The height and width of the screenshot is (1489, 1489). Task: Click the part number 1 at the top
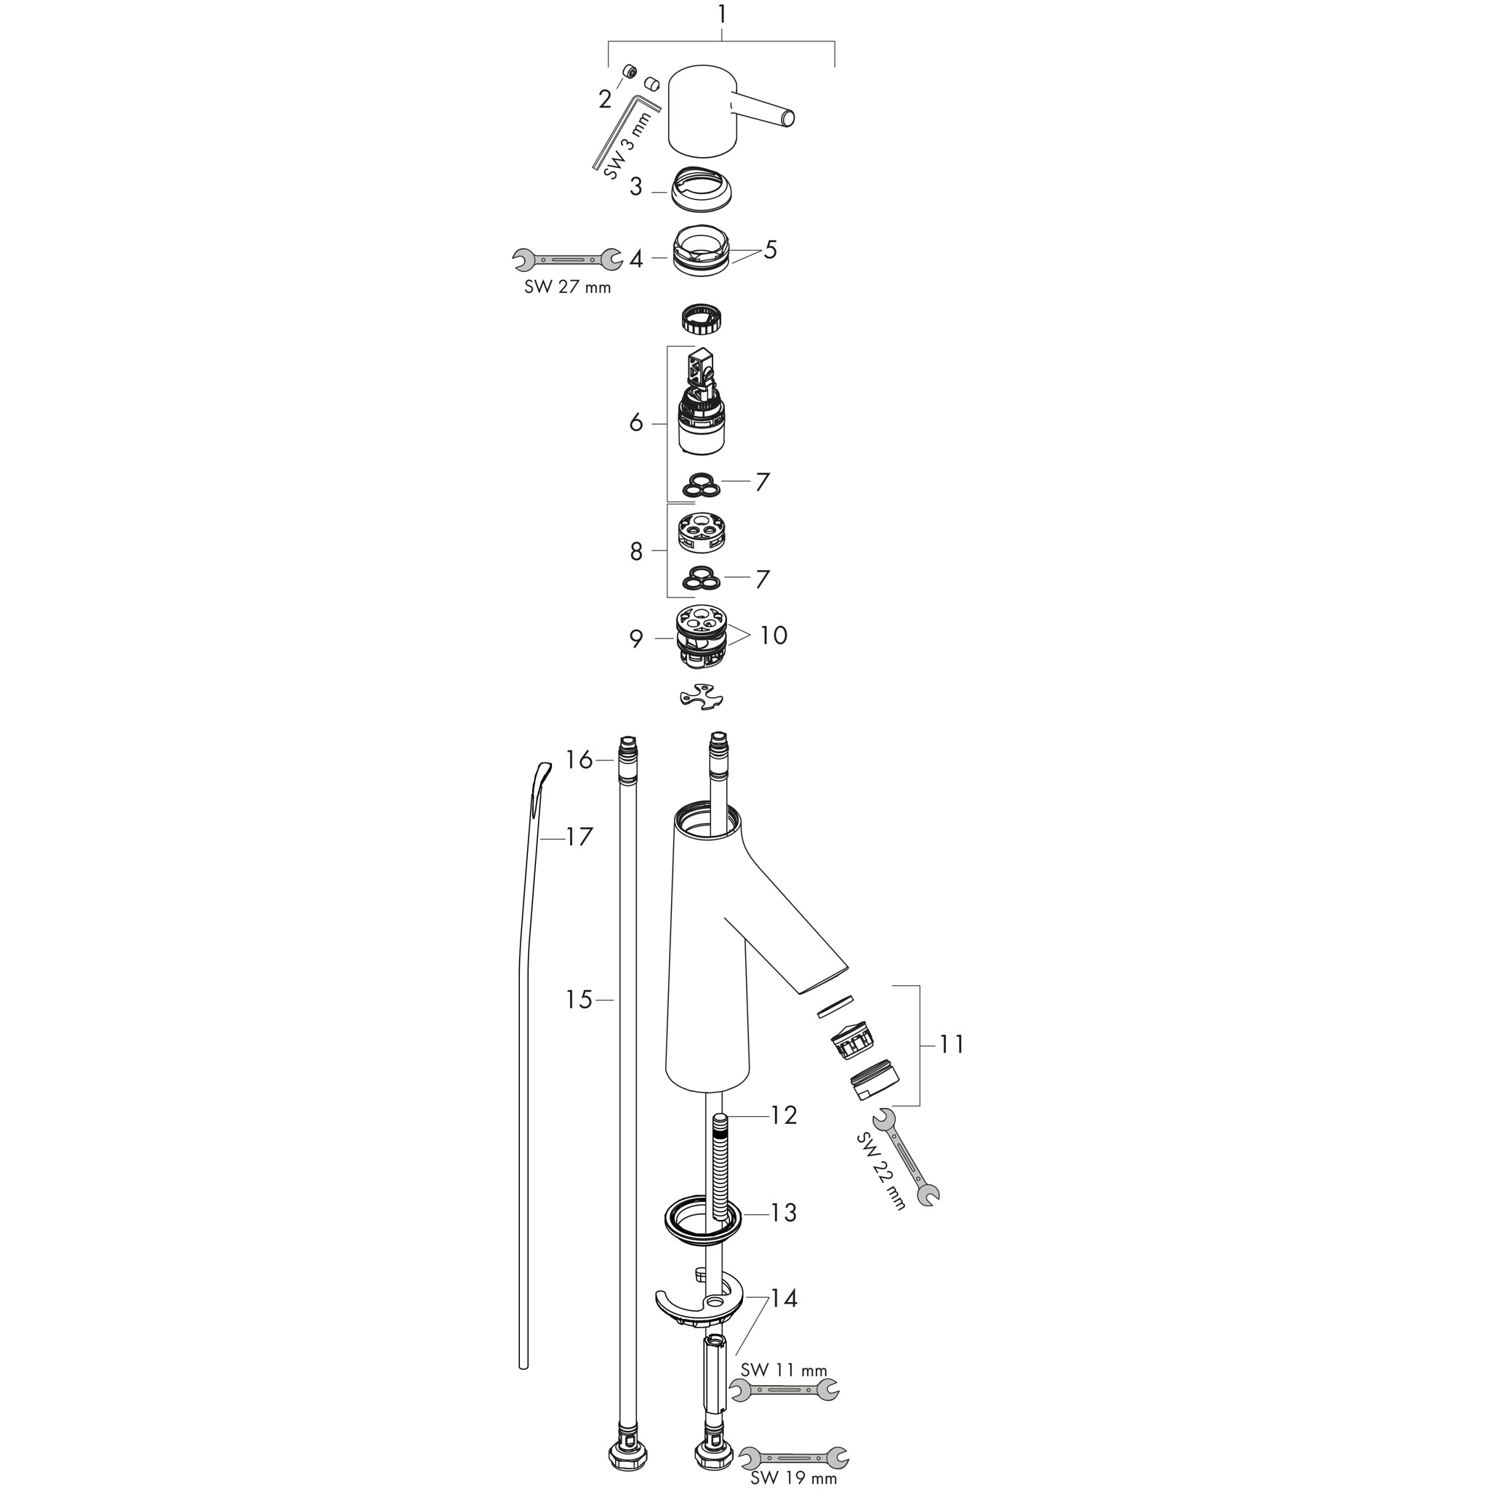point(721,15)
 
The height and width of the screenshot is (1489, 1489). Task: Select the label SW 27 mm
point(568,287)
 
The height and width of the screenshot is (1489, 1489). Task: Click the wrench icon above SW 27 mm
point(568,260)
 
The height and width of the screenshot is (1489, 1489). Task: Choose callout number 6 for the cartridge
point(636,422)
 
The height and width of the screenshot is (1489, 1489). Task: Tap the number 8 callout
point(636,551)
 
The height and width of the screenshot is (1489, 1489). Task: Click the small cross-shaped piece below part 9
point(702,697)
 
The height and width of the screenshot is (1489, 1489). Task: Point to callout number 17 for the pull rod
point(579,836)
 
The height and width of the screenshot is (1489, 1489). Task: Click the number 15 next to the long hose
point(579,1000)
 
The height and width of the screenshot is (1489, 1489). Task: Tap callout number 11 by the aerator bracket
point(952,1045)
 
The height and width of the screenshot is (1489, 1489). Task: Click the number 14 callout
point(783,1299)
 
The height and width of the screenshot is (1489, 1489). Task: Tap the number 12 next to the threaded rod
point(783,1115)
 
